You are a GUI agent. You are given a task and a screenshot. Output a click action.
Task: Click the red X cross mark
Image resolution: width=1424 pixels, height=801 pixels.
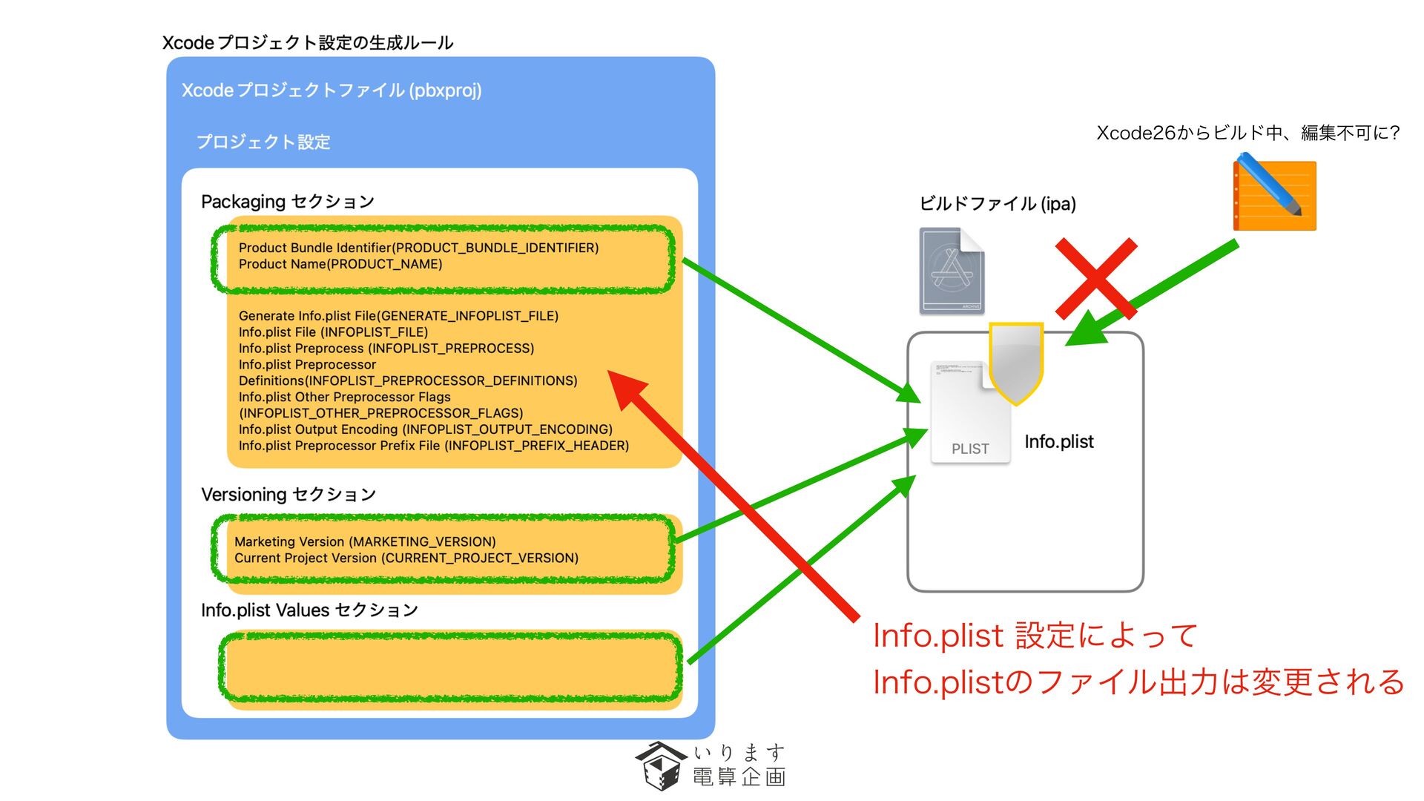(1095, 279)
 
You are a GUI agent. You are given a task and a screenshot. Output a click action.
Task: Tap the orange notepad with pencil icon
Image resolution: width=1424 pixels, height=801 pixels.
(1274, 194)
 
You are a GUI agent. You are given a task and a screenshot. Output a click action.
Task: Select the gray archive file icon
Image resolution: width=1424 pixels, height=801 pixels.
(952, 271)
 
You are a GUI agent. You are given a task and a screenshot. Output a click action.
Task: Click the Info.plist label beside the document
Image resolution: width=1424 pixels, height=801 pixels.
(1058, 442)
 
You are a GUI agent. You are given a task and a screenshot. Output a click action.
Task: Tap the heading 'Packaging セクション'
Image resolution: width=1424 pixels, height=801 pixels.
(288, 202)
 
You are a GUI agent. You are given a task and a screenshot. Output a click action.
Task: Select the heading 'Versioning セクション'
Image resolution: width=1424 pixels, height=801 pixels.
(289, 495)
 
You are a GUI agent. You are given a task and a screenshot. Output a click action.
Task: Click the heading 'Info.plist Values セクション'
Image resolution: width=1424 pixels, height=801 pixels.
(309, 610)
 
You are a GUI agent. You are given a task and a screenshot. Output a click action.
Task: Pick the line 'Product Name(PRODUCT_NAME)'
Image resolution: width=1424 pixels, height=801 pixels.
(340, 264)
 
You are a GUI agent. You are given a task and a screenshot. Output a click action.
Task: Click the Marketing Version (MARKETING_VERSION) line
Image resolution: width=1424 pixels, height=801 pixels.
(365, 542)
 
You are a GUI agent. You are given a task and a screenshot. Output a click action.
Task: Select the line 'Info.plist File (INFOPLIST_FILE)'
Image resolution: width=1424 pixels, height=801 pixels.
(333, 332)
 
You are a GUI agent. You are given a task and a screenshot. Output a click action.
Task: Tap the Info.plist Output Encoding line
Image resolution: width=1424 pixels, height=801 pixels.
(425, 429)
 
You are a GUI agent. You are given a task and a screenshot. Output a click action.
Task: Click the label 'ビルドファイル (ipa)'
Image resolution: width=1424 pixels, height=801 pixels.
(998, 204)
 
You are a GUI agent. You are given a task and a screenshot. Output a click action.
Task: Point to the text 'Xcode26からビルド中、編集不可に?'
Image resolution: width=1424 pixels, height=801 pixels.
(1247, 133)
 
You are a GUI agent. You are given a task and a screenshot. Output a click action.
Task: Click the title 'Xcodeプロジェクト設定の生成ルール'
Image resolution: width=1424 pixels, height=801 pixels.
(308, 43)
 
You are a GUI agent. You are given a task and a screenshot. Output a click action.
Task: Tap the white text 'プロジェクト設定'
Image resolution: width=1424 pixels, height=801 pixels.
(263, 142)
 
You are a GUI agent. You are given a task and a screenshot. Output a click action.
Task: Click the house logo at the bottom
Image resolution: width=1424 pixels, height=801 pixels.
(659, 765)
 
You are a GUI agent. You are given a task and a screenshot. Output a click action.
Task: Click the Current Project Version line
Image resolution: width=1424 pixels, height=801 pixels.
(406, 558)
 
